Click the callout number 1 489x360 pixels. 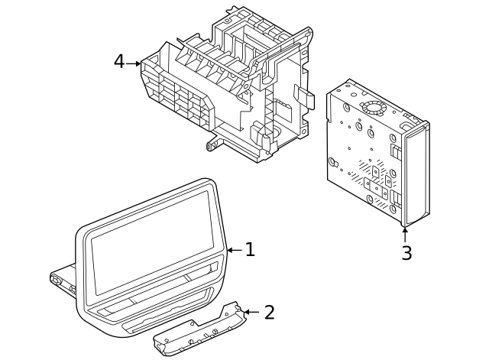[x=250, y=250]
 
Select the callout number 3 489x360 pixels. [x=406, y=254]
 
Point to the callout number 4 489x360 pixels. [x=118, y=62]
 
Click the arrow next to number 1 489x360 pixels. [x=234, y=250]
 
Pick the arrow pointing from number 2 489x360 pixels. [x=250, y=312]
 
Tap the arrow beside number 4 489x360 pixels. [x=134, y=63]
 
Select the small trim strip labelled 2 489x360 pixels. [x=199, y=330]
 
